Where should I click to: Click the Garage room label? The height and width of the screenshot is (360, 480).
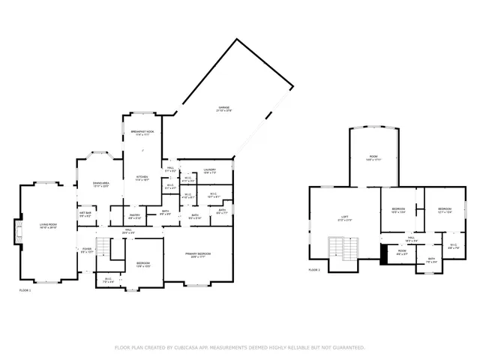point(225,109)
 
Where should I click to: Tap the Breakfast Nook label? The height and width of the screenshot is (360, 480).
point(142,133)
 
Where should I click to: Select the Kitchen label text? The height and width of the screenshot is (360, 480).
point(142,179)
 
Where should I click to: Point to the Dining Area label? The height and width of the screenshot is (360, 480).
point(101,184)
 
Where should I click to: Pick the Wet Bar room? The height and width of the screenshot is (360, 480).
point(85,214)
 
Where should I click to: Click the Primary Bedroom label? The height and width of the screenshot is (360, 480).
point(198,255)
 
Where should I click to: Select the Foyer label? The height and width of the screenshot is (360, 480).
point(86,251)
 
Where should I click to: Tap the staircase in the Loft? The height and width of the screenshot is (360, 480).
point(343,248)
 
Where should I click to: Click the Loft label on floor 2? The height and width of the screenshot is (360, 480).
point(345,218)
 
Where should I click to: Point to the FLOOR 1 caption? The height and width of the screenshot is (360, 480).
point(25,289)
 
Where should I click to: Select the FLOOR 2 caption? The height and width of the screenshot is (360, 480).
point(314,270)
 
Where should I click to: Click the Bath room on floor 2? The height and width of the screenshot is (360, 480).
point(431,260)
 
